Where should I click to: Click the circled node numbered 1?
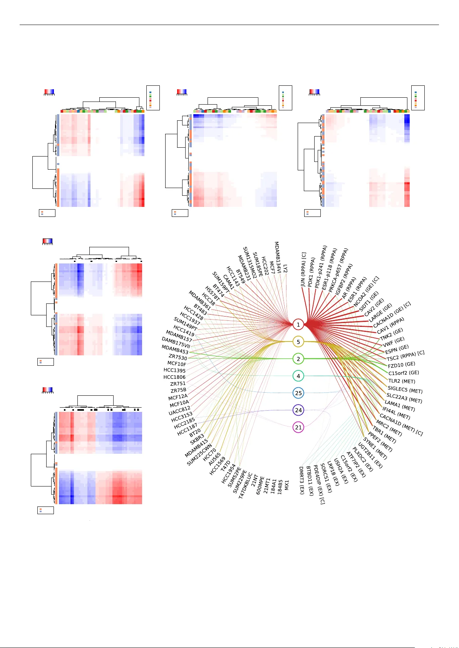(298, 325)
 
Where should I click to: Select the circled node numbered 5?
(298, 341)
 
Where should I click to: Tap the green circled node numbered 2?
(298, 359)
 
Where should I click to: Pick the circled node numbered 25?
(298, 393)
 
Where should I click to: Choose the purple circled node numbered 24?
(298, 410)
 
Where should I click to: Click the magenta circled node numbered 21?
(298, 427)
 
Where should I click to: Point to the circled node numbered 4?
(298, 376)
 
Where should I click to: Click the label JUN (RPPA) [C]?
(303, 270)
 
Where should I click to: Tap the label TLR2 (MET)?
(402, 381)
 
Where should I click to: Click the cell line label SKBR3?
(197, 439)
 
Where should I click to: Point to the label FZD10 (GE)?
(401, 365)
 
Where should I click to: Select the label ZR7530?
(178, 358)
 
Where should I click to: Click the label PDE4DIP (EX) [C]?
(319, 485)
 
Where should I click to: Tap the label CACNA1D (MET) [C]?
(401, 425)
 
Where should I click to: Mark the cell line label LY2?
(285, 268)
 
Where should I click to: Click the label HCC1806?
(174, 377)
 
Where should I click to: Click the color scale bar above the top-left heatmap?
(49, 92)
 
